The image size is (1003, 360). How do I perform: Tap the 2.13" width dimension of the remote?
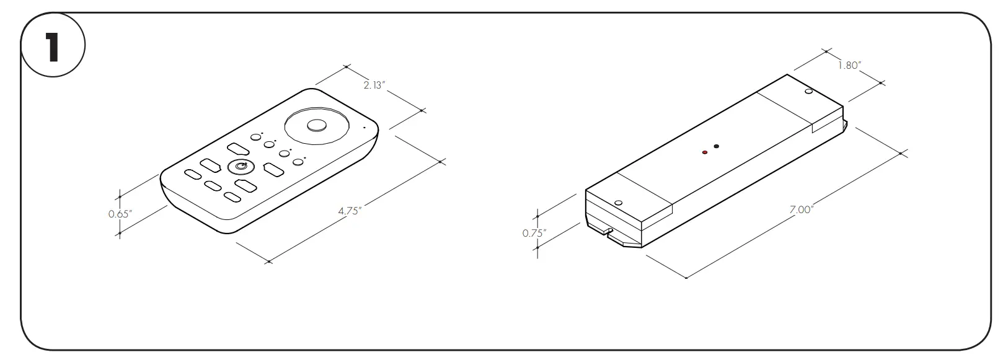tap(374, 86)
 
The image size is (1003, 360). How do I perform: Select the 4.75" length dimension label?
tap(350, 210)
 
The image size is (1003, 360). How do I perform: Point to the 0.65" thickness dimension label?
tap(120, 214)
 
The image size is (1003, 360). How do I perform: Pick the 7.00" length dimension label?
tap(800, 209)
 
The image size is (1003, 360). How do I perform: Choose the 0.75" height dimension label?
tap(534, 233)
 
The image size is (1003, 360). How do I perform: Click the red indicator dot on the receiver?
tap(705, 152)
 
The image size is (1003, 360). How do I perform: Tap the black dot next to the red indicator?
tap(717, 147)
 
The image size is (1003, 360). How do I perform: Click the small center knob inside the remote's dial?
tap(316, 125)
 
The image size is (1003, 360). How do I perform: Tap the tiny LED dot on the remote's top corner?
tap(365, 128)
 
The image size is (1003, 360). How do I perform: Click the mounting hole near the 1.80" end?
tap(808, 92)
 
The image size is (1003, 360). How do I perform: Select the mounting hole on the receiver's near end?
tap(618, 202)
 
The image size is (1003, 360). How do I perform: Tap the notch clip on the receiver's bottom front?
tap(608, 232)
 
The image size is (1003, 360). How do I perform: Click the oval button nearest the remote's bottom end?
tap(232, 197)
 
